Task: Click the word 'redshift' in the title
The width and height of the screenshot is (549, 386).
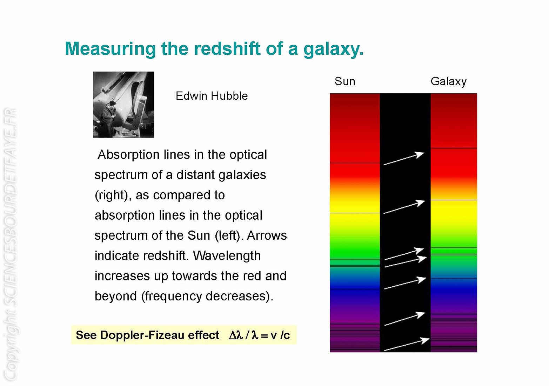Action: click(x=227, y=48)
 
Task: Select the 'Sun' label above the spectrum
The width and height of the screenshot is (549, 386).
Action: click(x=345, y=81)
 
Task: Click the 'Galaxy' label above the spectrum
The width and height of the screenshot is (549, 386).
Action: click(x=449, y=82)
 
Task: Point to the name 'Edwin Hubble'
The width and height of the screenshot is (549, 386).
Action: click(x=212, y=96)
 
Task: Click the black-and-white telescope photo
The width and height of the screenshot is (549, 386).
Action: click(x=124, y=105)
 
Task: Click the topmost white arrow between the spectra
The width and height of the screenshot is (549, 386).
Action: click(x=404, y=158)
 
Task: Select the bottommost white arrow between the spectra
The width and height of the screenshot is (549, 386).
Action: click(x=406, y=344)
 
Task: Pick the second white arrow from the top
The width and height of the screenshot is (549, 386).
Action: click(x=404, y=207)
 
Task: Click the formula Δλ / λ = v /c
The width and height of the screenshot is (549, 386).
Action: click(x=259, y=335)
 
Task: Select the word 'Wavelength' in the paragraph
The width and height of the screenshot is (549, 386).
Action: click(x=227, y=256)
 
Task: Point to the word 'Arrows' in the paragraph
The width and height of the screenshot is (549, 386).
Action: click(x=267, y=236)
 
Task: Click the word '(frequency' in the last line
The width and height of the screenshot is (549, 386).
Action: click(x=171, y=297)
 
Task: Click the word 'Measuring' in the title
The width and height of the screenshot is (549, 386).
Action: click(x=110, y=49)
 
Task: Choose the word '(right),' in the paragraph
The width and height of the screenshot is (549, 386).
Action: click(x=113, y=195)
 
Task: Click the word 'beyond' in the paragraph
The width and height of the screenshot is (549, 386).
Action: click(x=116, y=296)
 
